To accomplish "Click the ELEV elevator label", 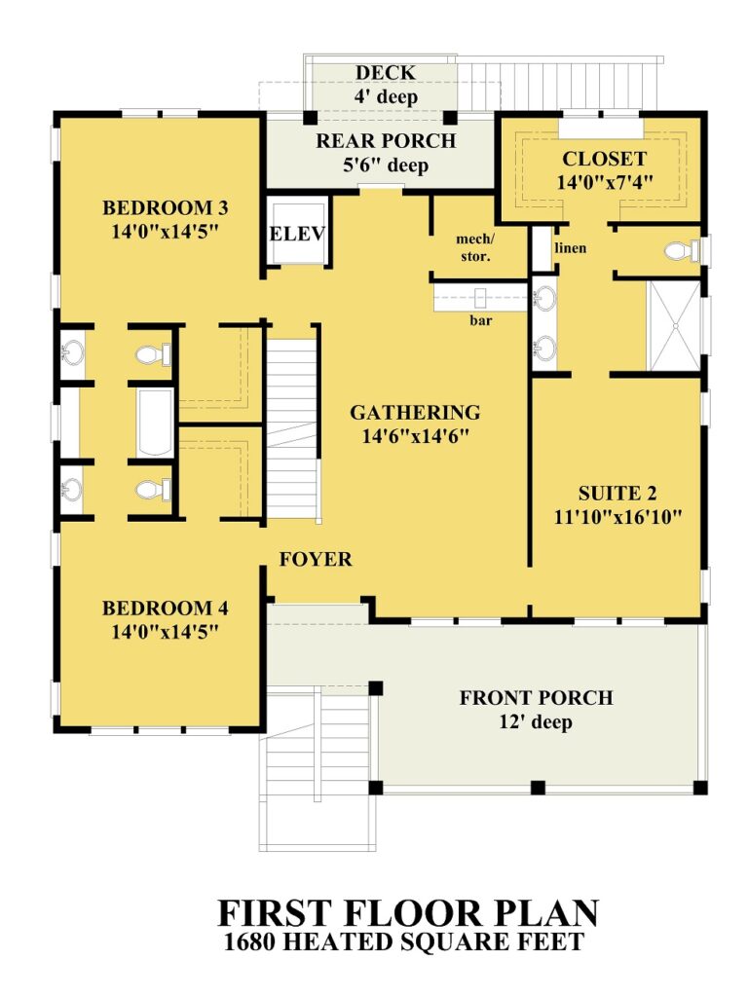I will coord(296,234).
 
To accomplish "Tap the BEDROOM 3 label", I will coord(166,207).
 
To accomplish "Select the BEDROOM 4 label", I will coord(166,609).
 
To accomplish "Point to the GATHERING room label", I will coord(415,413).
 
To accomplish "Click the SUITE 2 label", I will coord(616,494).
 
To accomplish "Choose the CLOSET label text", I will coord(604,159).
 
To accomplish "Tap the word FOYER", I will coord(316,560).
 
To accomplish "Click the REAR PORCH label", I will coord(386,141).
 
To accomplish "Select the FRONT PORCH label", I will coord(537,698).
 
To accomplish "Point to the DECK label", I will coord(385,73).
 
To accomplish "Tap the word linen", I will coord(571,248).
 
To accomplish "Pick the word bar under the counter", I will coord(481,318).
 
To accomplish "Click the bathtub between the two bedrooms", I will coord(154,424).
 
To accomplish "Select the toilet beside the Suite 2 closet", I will coord(681,252).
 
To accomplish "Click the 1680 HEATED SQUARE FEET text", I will coord(404,941).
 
